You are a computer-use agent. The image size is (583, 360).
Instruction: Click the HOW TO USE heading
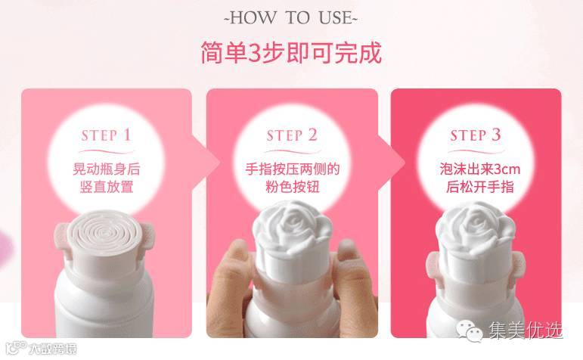[291, 18]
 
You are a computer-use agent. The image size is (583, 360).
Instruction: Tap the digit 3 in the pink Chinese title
[255, 53]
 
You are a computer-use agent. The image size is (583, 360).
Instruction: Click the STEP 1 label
[107, 135]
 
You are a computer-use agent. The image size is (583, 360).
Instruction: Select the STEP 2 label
[292, 135]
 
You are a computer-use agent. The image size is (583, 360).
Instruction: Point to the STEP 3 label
[476, 135]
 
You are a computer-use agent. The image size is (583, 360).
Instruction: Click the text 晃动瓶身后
[107, 169]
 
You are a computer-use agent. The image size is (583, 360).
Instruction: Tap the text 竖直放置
[107, 186]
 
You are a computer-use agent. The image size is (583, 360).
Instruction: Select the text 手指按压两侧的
[293, 169]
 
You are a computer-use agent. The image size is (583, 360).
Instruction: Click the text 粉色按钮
[293, 186]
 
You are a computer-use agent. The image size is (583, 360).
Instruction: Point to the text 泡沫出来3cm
[479, 169]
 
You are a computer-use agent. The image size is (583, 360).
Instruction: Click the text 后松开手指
[480, 186]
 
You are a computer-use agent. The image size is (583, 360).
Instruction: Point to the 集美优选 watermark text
[526, 330]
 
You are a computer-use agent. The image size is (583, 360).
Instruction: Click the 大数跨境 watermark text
[53, 349]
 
